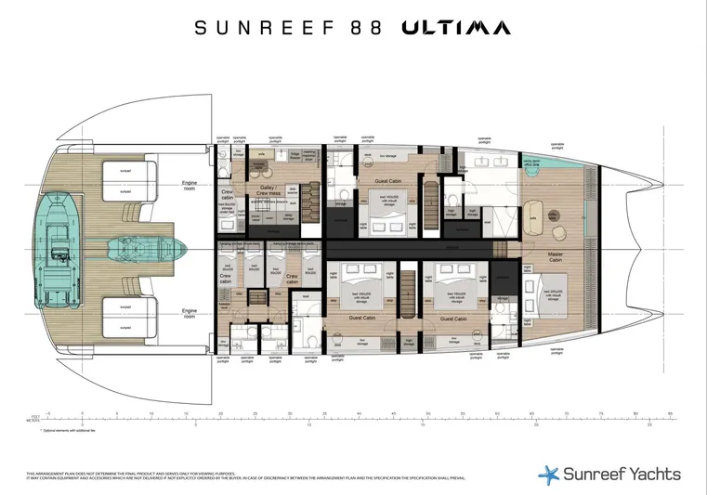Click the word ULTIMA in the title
455,28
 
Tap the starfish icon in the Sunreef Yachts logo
549,474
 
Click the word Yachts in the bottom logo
651,474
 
